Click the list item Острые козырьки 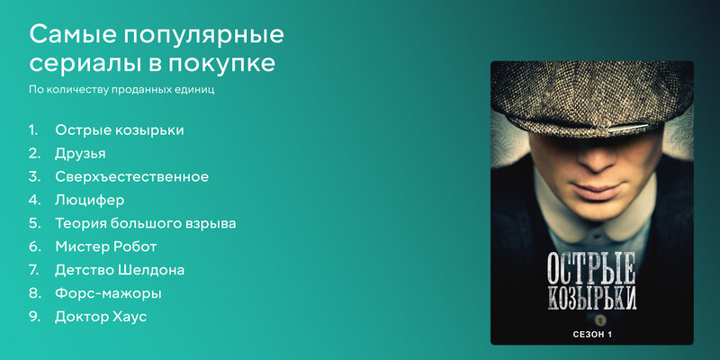[x=120, y=130]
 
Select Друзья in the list [x=80, y=154]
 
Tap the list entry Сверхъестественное [x=131, y=176]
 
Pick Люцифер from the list [x=89, y=201]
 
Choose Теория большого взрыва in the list [x=146, y=224]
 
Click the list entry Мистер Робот [x=105, y=247]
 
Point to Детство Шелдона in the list [x=120, y=270]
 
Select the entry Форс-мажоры [x=108, y=293]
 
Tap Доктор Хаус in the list [x=101, y=317]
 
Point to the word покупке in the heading [x=221, y=64]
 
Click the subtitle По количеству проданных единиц [x=121, y=89]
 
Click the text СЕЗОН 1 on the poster [x=592, y=334]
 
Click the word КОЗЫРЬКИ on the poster [x=592, y=298]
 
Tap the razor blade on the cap [x=628, y=127]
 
